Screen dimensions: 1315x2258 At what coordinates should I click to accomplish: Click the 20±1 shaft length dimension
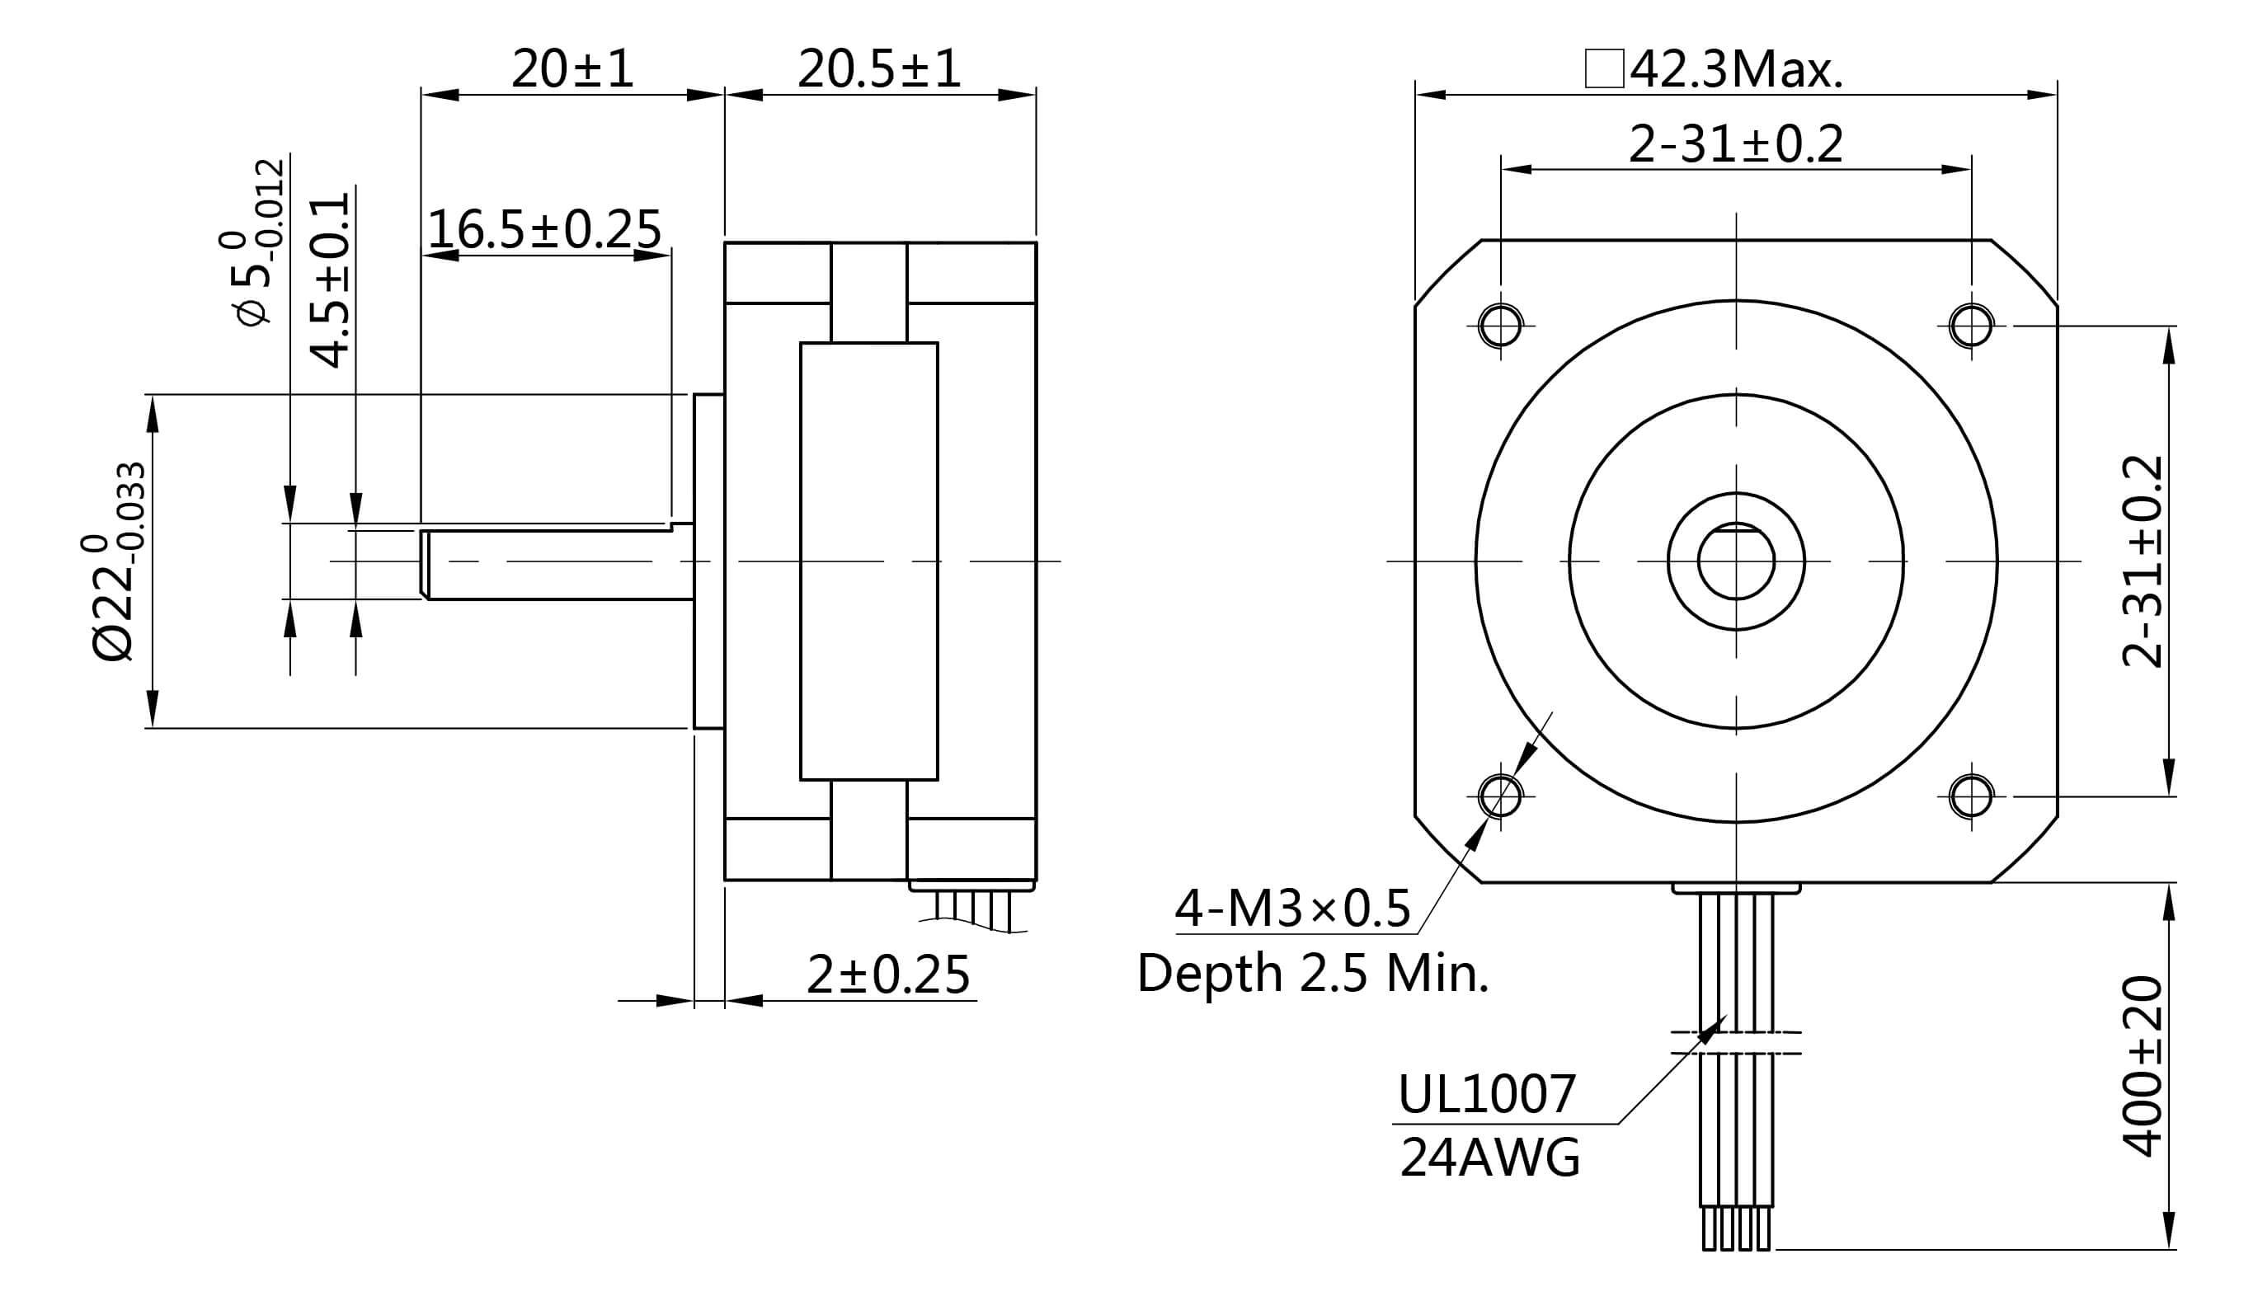pyautogui.click(x=572, y=68)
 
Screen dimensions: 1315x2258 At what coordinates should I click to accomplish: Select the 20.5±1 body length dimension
pyautogui.click(x=878, y=68)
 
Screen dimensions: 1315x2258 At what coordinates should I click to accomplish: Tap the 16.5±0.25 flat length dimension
pyautogui.click(x=544, y=229)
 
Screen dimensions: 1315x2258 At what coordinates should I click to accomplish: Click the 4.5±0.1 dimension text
pyautogui.click(x=330, y=279)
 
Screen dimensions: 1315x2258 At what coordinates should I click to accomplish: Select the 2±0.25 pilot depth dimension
pyautogui.click(x=887, y=975)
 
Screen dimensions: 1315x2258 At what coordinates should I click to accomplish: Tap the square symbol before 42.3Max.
pyautogui.click(x=1604, y=69)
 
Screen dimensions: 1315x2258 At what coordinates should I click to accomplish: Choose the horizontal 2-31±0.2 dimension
pyautogui.click(x=1734, y=144)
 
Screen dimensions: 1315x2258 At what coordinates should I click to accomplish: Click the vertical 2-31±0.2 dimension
pyautogui.click(x=2143, y=561)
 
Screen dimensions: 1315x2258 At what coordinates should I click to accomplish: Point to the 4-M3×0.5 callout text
pyautogui.click(x=1293, y=909)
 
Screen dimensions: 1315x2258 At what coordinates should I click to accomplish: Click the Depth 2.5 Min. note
pyautogui.click(x=1313, y=974)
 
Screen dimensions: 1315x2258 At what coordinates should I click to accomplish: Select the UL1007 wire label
pyautogui.click(x=1485, y=1094)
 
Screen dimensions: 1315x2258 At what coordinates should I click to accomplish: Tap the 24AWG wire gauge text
pyautogui.click(x=1489, y=1158)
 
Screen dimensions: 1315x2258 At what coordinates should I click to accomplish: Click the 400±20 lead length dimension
pyautogui.click(x=2143, y=1066)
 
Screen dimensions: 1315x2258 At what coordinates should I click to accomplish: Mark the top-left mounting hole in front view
pyautogui.click(x=1500, y=325)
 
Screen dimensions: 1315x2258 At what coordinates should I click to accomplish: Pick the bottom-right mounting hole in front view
pyautogui.click(x=1971, y=796)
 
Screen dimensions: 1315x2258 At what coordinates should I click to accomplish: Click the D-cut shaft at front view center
pyautogui.click(x=1736, y=562)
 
